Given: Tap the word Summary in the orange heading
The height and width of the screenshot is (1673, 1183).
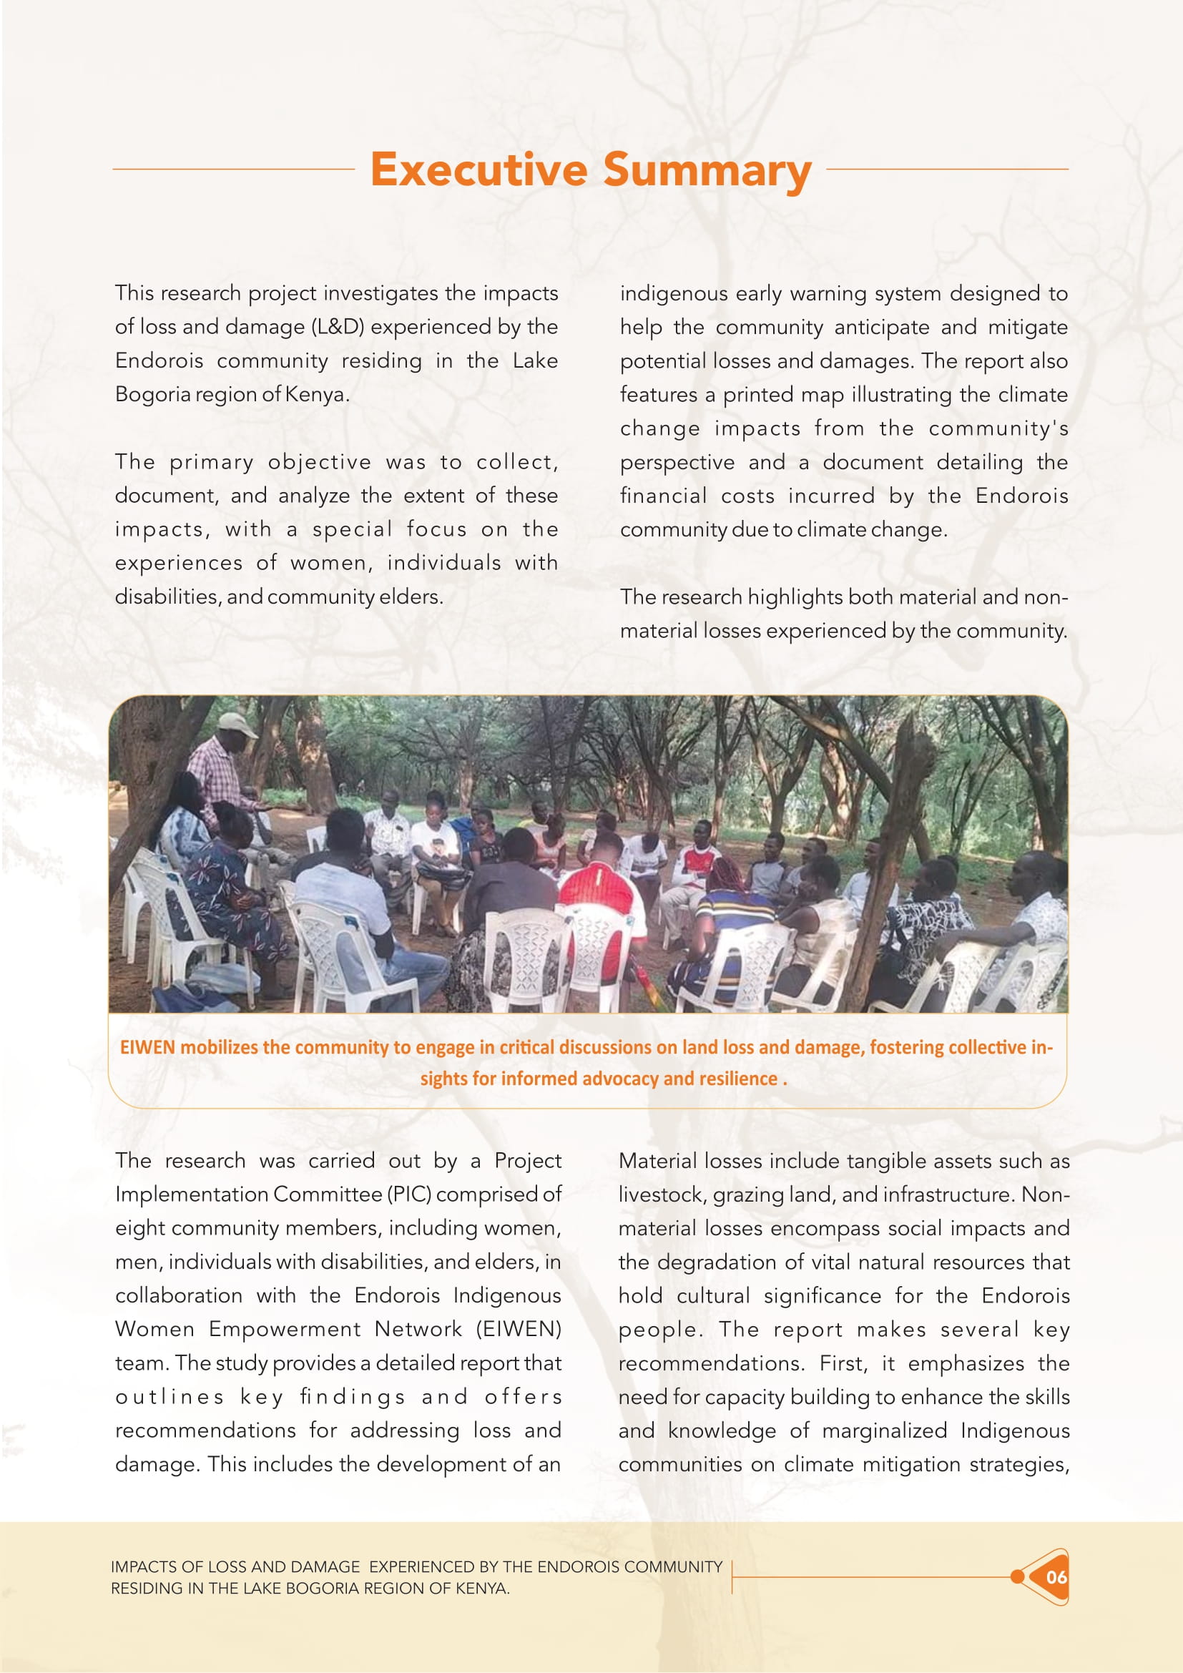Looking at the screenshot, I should point(707,170).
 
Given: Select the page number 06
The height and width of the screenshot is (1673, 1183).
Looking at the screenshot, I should point(1056,1577).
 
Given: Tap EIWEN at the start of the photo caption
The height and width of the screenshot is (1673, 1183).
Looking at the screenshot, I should point(147,1047).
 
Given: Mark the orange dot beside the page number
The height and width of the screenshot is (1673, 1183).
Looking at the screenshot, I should point(1017,1577).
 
